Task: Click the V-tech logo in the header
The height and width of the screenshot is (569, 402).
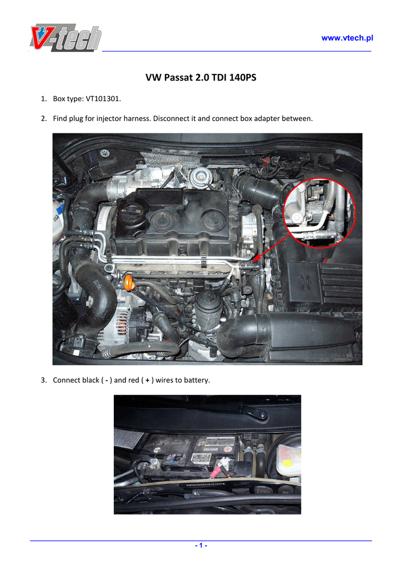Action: (66, 38)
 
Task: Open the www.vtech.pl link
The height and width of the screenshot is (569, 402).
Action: (347, 38)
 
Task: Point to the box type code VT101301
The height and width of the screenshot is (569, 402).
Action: (103, 99)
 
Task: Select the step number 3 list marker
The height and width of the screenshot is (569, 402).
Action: (44, 380)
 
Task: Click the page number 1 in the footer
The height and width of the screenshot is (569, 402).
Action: (201, 546)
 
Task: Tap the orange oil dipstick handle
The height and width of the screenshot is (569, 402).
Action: (129, 283)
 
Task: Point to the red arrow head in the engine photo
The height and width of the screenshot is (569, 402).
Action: (255, 258)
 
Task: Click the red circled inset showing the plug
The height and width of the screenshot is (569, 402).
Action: (319, 213)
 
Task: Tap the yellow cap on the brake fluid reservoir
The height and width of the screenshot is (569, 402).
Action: (288, 463)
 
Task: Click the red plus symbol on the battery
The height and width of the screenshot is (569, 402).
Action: (228, 449)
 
